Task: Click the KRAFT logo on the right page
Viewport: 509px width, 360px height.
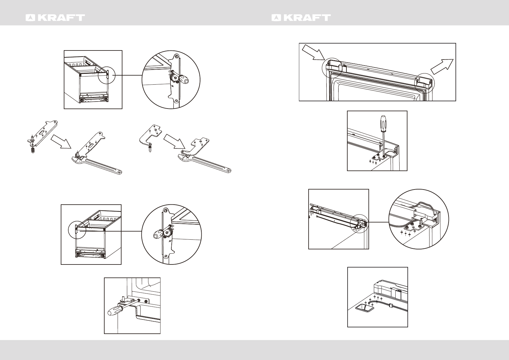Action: (x=301, y=18)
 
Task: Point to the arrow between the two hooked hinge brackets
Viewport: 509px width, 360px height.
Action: (x=174, y=142)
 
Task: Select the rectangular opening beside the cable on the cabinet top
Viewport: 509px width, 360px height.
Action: (x=364, y=308)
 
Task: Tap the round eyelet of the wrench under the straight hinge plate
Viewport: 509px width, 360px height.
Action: (x=120, y=172)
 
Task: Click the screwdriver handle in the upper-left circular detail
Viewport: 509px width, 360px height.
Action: (x=183, y=79)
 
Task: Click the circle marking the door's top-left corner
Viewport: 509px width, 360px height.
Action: (x=332, y=67)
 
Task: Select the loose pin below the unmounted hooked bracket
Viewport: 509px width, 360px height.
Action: (x=150, y=149)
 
